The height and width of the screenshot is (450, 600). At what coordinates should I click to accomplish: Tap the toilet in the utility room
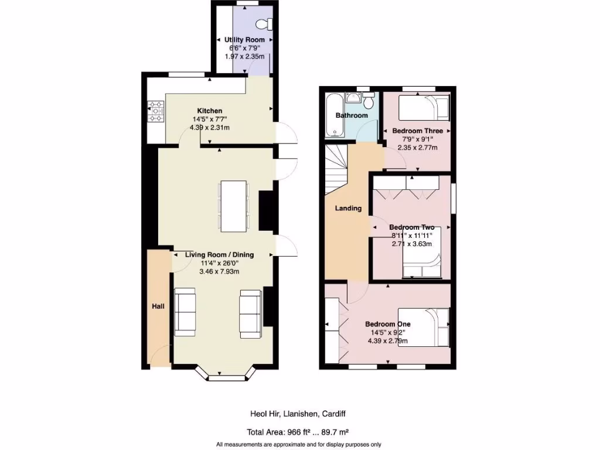pos(266,23)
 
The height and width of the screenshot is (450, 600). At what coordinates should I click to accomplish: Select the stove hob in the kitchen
pos(156,111)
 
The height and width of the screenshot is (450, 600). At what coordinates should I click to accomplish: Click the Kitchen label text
pos(210,111)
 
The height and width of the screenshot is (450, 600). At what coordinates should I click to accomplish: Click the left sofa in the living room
pos(185,312)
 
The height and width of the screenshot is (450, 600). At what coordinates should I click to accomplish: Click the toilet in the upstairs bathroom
pos(369,101)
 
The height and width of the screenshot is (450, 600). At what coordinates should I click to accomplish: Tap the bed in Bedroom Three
pos(424,108)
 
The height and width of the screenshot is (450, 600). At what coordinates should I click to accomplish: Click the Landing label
pos(348,208)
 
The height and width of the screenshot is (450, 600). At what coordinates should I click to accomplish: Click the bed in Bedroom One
pos(424,327)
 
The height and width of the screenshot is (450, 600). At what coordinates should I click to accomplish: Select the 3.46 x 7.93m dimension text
pos(219,272)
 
